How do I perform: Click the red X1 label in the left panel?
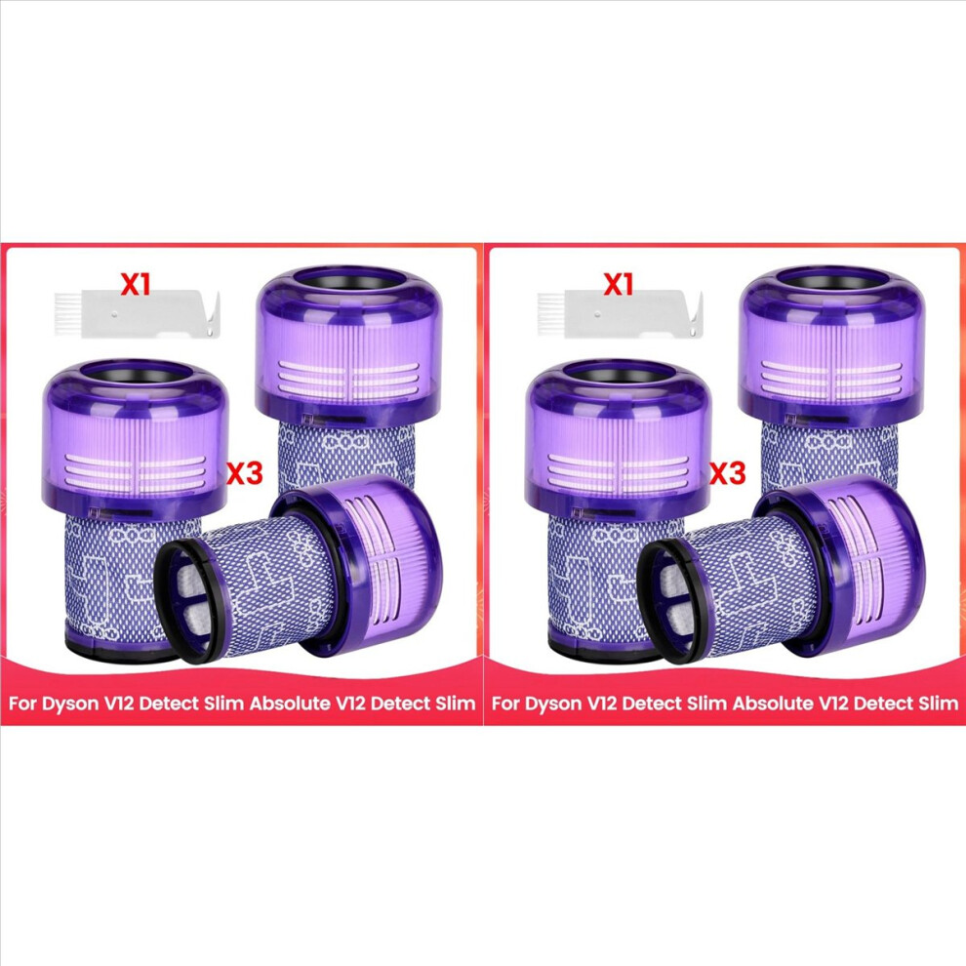pos(135,284)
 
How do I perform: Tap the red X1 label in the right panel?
pos(618,284)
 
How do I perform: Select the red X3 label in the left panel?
pos(245,473)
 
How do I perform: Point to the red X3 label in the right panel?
pos(728,473)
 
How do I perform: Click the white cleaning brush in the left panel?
pos(138,315)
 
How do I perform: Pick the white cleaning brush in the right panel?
pos(621,315)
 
